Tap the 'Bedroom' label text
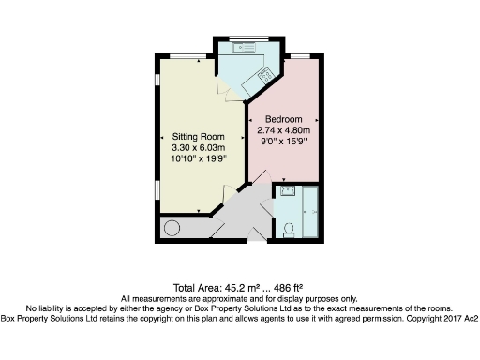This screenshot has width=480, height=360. (x=282, y=119)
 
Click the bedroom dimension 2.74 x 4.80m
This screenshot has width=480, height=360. (x=282, y=131)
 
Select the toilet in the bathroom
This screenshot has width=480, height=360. (x=289, y=226)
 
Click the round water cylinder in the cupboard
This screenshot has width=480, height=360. (x=171, y=227)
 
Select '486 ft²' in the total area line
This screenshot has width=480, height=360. (x=287, y=287)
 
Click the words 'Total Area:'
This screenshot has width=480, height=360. (x=196, y=287)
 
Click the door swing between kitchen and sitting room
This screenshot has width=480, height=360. (x=224, y=87)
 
